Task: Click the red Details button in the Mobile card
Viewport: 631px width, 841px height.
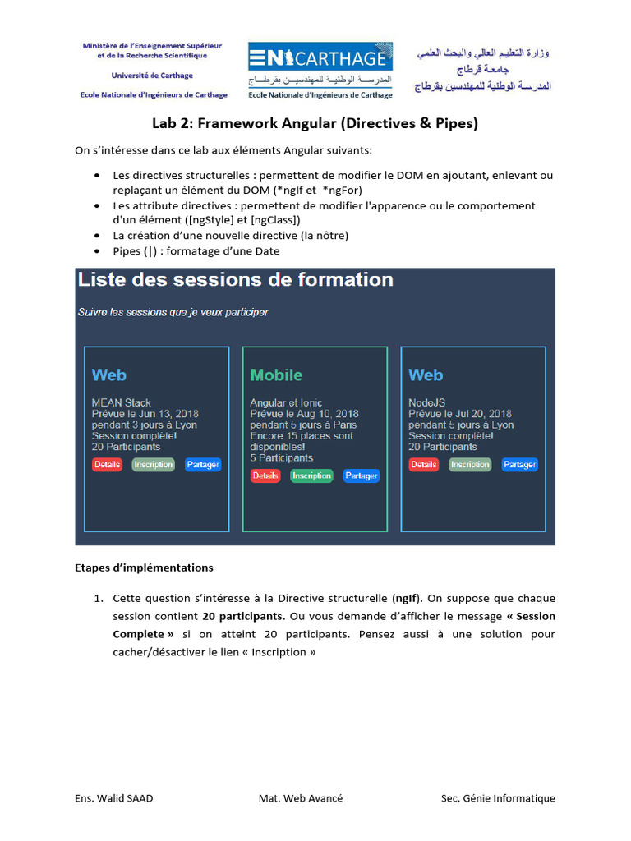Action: (x=265, y=476)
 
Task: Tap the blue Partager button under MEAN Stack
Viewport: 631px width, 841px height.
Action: (x=203, y=465)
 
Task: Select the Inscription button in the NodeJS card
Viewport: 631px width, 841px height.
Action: (x=470, y=465)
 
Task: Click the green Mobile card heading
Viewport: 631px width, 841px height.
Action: (x=276, y=375)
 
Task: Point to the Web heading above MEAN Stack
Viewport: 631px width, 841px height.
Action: (x=109, y=375)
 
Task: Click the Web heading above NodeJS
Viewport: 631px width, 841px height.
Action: (x=426, y=375)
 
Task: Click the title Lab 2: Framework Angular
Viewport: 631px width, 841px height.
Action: (x=315, y=124)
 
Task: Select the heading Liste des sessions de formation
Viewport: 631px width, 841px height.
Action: (x=236, y=280)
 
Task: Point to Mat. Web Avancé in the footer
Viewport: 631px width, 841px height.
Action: (x=301, y=798)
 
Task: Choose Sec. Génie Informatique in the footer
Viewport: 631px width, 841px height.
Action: (x=498, y=798)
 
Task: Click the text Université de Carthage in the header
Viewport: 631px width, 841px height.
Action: (x=152, y=76)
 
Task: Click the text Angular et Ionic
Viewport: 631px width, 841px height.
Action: (x=286, y=403)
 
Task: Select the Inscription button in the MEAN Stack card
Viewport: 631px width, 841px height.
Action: (x=154, y=465)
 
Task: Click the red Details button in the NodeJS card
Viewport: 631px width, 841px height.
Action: (x=424, y=465)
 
